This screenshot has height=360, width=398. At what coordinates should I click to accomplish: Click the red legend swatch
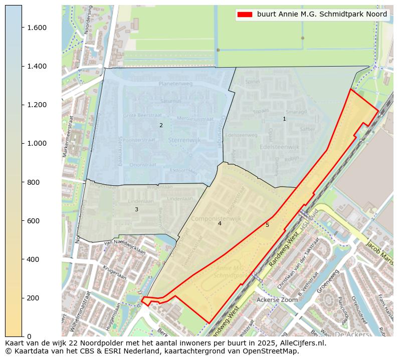tap(245, 15)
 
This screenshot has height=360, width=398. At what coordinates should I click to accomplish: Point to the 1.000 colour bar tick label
tap(37, 143)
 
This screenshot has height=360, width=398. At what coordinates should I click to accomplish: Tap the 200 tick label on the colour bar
tap(34, 298)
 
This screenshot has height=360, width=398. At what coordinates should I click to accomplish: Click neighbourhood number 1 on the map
tap(284, 119)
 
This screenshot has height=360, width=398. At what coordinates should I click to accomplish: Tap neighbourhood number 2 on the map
tap(161, 125)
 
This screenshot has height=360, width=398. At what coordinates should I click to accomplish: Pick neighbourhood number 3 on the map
tap(136, 209)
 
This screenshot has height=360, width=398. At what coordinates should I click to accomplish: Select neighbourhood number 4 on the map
tap(219, 223)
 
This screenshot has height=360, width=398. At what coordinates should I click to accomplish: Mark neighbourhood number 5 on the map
tap(267, 225)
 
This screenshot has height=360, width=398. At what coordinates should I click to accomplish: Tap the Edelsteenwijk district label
tap(280, 147)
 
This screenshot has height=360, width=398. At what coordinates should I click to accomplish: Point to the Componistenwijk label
tap(219, 219)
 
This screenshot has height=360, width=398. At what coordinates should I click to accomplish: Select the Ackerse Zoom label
tap(277, 300)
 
